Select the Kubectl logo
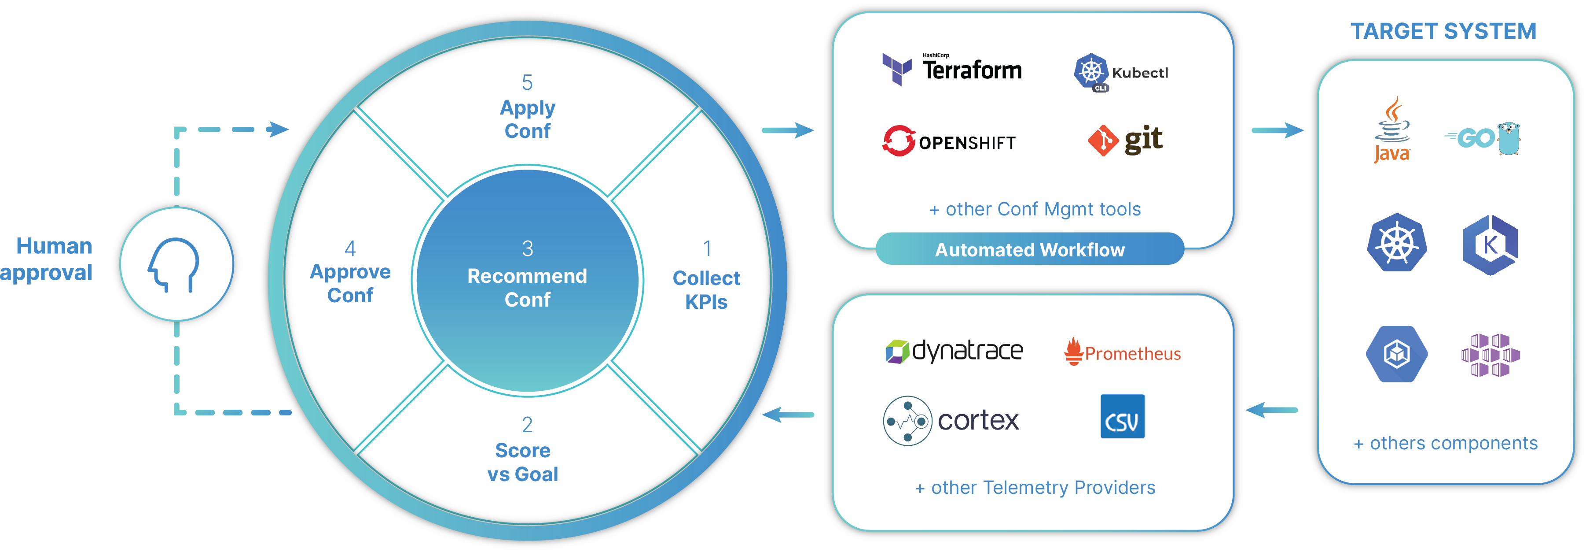[1120, 72]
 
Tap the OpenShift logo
[949, 141]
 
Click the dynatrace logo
[955, 351]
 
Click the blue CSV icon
[1122, 416]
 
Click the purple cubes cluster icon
[1490, 355]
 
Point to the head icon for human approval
[175, 264]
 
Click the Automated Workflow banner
[1029, 249]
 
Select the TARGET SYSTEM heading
[1443, 31]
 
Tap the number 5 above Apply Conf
[527, 82]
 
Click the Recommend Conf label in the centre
[527, 288]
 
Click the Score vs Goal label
[523, 462]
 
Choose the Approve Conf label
[350, 283]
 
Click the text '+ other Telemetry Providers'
[1035, 487]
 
